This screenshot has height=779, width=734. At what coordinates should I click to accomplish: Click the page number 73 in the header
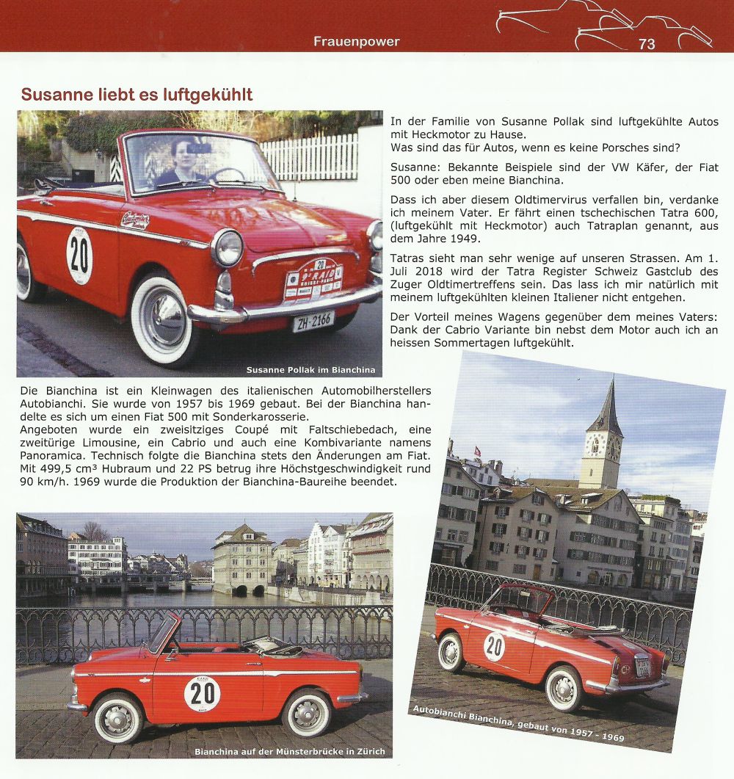click(x=647, y=44)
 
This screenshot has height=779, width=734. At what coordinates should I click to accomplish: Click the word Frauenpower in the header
click(x=357, y=41)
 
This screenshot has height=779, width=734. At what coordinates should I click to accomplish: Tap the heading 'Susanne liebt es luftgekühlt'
click(x=137, y=95)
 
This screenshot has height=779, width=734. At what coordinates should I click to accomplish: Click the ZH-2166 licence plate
click(x=313, y=321)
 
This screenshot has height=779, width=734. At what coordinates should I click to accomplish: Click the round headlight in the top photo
click(x=227, y=248)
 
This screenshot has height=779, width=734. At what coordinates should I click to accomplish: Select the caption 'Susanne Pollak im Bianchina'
click(x=310, y=369)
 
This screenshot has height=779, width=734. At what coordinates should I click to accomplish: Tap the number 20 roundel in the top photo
click(x=79, y=255)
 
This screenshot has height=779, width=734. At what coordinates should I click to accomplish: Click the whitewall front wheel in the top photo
click(x=163, y=319)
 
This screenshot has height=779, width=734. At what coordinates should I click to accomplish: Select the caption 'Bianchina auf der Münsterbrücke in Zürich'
click(x=289, y=751)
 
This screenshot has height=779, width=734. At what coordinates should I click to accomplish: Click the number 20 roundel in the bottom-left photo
click(x=203, y=693)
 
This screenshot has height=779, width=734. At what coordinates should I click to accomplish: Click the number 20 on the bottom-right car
click(x=494, y=645)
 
